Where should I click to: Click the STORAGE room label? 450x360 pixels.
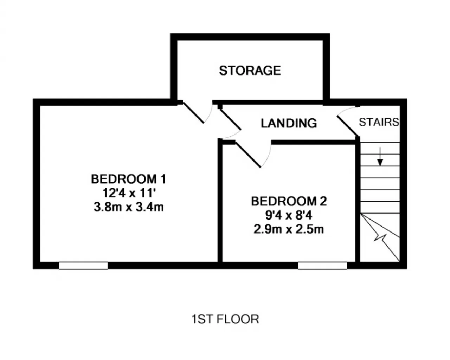click(250, 71)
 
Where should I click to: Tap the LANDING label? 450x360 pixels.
click(289, 123)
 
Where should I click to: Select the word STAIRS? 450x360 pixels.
click(379, 122)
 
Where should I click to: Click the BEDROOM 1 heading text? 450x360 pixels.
click(128, 179)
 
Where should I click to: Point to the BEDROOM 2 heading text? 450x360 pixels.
click(289, 201)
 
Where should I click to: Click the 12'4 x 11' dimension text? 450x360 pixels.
click(129, 193)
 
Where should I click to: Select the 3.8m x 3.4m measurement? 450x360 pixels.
click(129, 207)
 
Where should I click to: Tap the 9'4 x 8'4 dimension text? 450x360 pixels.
click(289, 215)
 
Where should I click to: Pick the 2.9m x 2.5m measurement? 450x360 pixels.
click(289, 229)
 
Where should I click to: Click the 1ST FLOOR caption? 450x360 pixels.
click(225, 319)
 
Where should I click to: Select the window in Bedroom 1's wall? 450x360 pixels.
click(83, 266)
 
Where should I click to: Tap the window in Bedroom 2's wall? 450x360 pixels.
click(322, 266)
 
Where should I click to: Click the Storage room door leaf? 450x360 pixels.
click(193, 113)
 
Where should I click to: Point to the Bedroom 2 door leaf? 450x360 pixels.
click(248, 155)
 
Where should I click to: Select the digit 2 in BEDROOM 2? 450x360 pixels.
click(323, 201)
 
